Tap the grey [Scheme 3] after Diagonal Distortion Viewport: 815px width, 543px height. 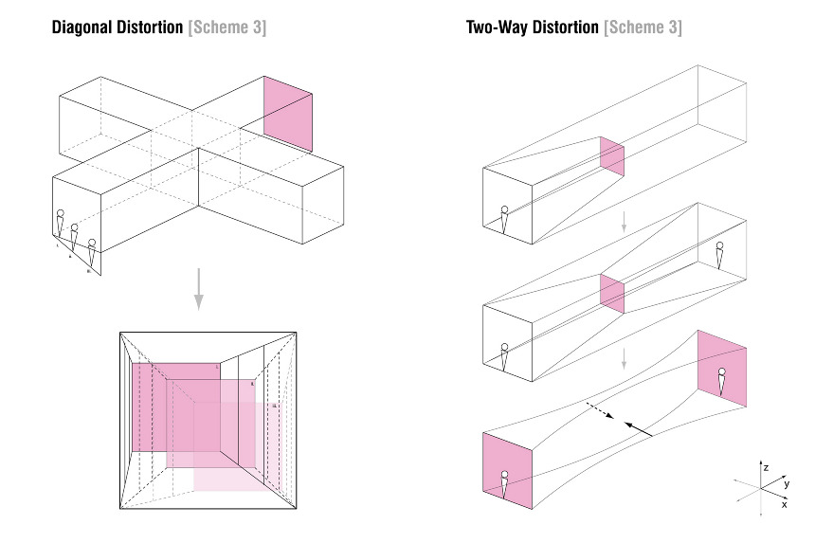click(227, 27)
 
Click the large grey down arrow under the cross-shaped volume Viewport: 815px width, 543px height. click(198, 288)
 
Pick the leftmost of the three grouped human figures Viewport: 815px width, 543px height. click(60, 223)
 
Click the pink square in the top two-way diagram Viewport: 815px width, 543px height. click(611, 157)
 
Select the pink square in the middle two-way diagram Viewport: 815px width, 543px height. click(611, 293)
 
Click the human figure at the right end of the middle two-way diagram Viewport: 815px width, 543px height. click(720, 256)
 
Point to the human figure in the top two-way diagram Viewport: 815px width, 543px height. click(505, 219)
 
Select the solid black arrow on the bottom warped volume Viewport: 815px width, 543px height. click(640, 428)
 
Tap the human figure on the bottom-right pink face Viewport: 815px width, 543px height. click(721, 381)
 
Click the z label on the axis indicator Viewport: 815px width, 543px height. click(766, 467)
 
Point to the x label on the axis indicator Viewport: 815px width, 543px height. click(784, 505)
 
